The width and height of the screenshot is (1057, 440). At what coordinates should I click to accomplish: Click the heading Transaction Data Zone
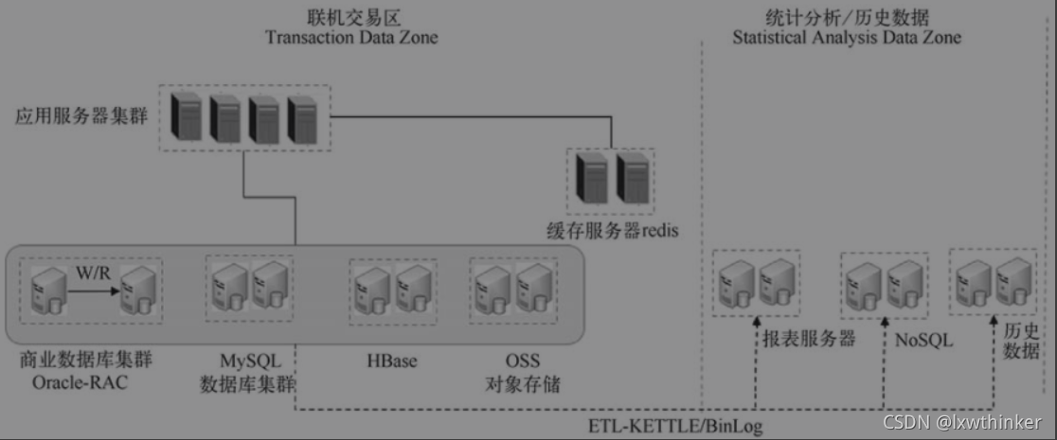(x=351, y=38)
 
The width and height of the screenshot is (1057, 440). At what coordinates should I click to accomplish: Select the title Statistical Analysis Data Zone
(x=847, y=38)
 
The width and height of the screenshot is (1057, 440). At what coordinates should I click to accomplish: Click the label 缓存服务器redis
(x=613, y=230)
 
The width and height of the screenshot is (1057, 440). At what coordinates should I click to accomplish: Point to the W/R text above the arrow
(x=93, y=273)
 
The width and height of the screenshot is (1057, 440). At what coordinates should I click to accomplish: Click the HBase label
(x=391, y=361)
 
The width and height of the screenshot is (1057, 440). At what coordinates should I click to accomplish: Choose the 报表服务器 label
(x=809, y=339)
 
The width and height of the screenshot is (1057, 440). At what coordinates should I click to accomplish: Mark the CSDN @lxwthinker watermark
(x=961, y=421)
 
